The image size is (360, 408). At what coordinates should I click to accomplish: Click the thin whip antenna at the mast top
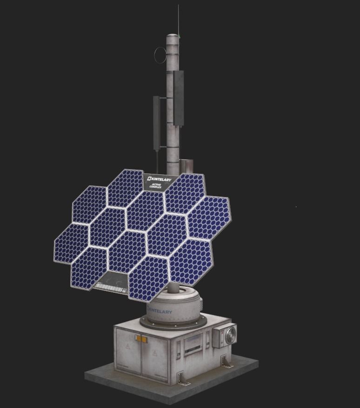tap(178, 19)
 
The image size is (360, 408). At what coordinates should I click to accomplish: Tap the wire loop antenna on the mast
tap(160, 55)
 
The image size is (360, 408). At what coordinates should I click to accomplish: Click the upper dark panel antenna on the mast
tap(179, 98)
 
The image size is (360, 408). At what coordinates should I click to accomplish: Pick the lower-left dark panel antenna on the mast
tap(157, 123)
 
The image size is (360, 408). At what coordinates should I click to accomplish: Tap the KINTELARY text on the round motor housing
tap(160, 311)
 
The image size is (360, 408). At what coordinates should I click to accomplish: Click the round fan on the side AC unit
tap(231, 336)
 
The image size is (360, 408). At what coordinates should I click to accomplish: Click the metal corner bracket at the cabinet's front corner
tap(183, 379)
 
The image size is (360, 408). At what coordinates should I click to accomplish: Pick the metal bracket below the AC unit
tap(227, 362)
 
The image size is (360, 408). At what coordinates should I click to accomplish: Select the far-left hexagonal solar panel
tap(71, 244)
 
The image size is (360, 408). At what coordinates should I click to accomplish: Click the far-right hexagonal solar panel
tap(209, 217)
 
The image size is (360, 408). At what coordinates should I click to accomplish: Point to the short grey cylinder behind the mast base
tap(187, 166)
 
